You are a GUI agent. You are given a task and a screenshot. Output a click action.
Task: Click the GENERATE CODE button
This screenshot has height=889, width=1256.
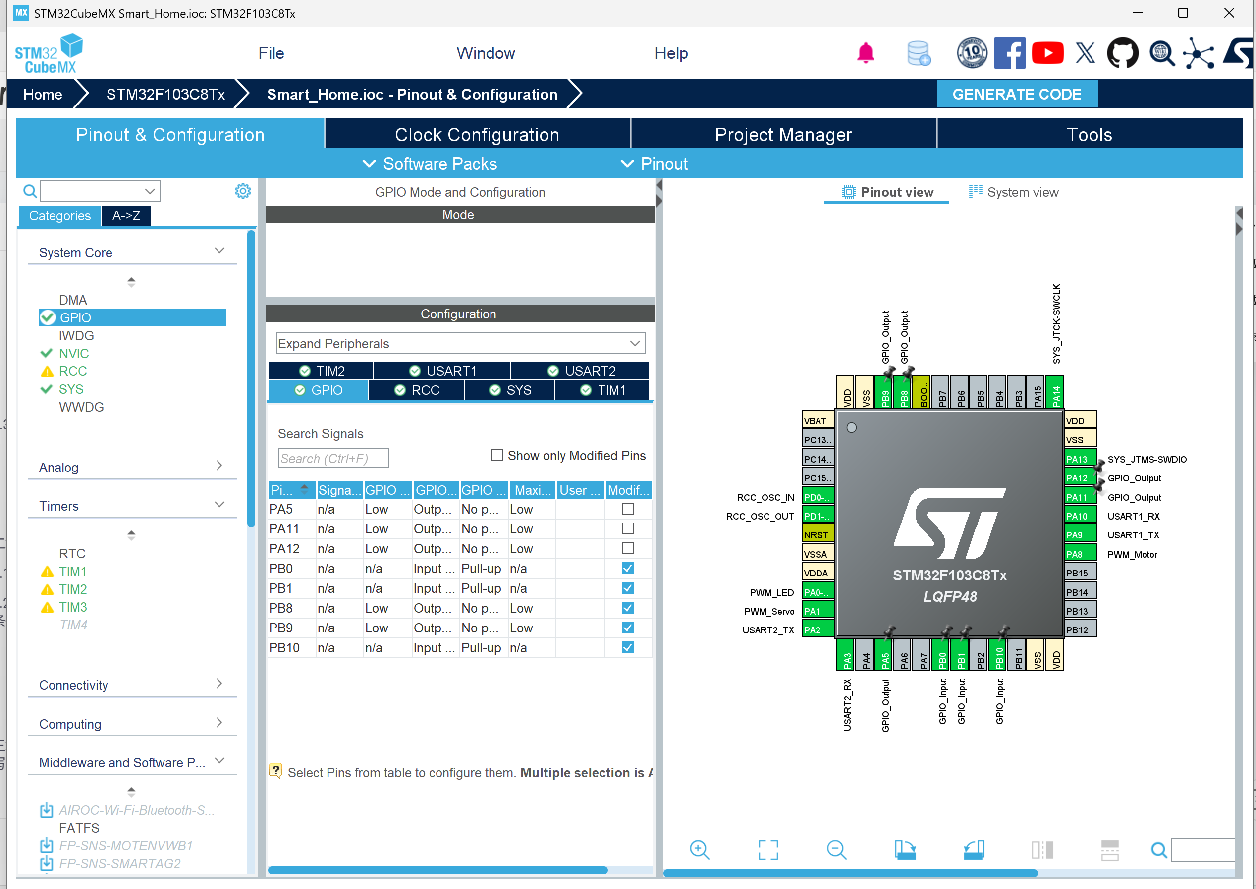1017,94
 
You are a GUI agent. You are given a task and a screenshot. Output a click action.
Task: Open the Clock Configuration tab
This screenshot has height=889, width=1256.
477,135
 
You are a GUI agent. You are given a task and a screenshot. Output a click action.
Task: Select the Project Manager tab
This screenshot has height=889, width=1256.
783,135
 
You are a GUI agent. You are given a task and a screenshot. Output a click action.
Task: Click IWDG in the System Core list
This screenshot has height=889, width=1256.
76,336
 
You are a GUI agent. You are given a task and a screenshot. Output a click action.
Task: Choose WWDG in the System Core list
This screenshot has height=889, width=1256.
81,407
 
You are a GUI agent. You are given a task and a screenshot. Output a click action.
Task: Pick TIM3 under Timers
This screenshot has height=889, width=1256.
73,607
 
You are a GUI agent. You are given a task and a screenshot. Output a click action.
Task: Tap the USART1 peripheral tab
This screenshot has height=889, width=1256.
442,371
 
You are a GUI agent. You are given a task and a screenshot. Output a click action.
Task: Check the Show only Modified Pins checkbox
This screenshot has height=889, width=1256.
496,456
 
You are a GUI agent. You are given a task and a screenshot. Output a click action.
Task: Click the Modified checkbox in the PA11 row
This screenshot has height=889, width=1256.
627,529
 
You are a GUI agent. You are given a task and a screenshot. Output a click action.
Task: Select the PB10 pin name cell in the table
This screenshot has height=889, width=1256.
284,648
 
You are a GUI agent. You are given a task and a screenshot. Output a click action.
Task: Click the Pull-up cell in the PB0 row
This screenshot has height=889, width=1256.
481,569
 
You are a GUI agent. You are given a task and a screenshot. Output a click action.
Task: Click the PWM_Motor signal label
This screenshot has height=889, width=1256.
1132,555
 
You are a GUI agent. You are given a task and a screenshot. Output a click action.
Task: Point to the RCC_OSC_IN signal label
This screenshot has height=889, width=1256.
765,498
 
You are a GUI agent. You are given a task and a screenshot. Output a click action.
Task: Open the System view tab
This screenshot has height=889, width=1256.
1013,192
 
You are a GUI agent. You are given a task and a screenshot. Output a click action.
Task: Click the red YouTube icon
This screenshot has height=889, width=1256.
1047,53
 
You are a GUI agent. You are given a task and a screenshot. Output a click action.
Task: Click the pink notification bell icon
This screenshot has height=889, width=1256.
865,53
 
